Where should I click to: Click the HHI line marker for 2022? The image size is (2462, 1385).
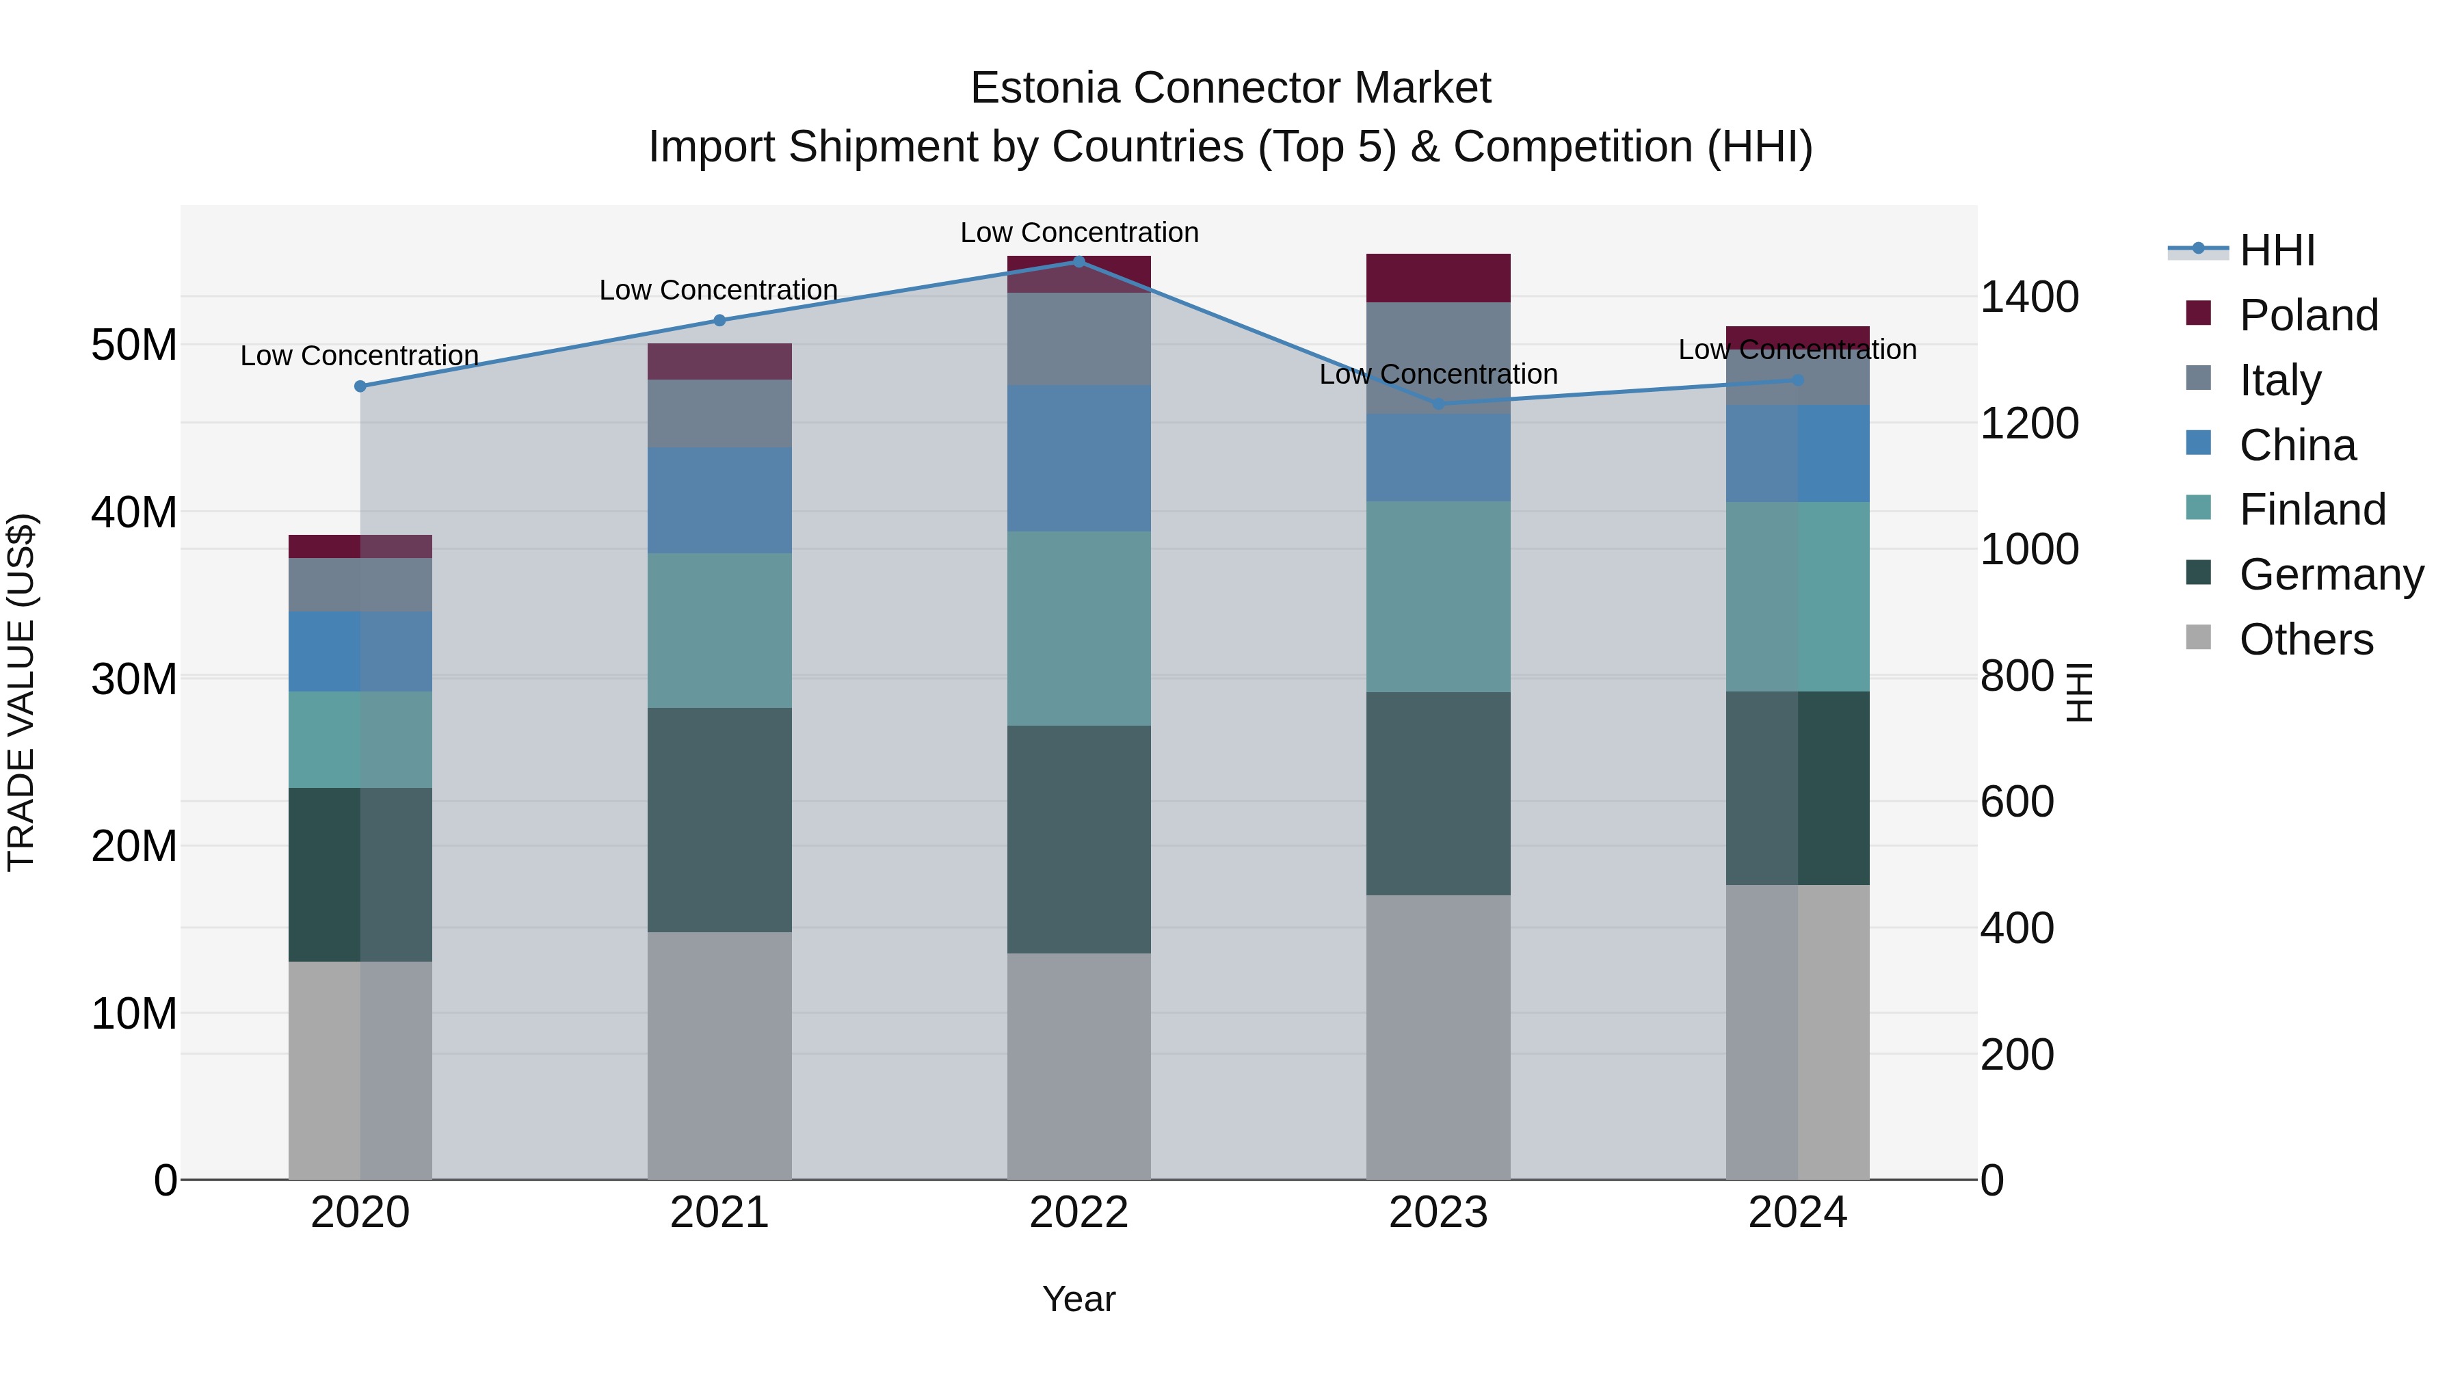click(1079, 262)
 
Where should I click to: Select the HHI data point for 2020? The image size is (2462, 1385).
click(360, 386)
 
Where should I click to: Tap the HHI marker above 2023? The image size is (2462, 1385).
click(1438, 404)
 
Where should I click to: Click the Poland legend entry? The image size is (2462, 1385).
click(2307, 315)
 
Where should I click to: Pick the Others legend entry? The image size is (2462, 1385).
click(2305, 639)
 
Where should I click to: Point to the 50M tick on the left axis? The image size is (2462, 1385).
click(134, 345)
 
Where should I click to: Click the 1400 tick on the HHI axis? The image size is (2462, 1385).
click(2029, 298)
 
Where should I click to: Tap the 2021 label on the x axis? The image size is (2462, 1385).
click(719, 1213)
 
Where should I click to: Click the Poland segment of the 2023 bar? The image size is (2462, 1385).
click(1438, 278)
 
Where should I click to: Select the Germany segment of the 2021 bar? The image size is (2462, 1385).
click(719, 819)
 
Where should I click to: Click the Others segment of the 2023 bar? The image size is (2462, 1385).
click(1438, 1037)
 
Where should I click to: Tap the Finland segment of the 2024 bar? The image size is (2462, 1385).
click(1798, 596)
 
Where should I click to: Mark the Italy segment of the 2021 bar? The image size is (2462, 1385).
click(719, 413)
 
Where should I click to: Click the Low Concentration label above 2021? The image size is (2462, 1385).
click(719, 289)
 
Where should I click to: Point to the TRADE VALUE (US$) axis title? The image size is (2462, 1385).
click(21, 692)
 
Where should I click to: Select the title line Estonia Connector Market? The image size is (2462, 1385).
click(1230, 88)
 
